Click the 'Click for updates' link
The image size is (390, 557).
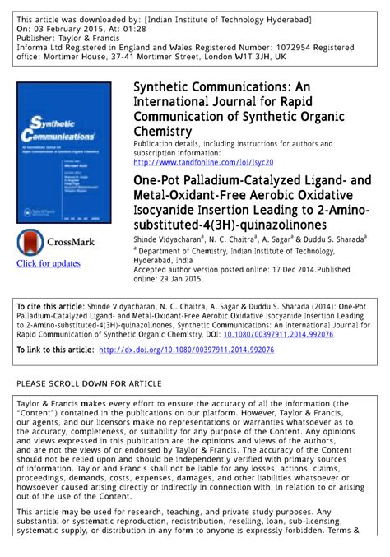[49, 263]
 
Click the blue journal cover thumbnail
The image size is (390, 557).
[66, 151]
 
